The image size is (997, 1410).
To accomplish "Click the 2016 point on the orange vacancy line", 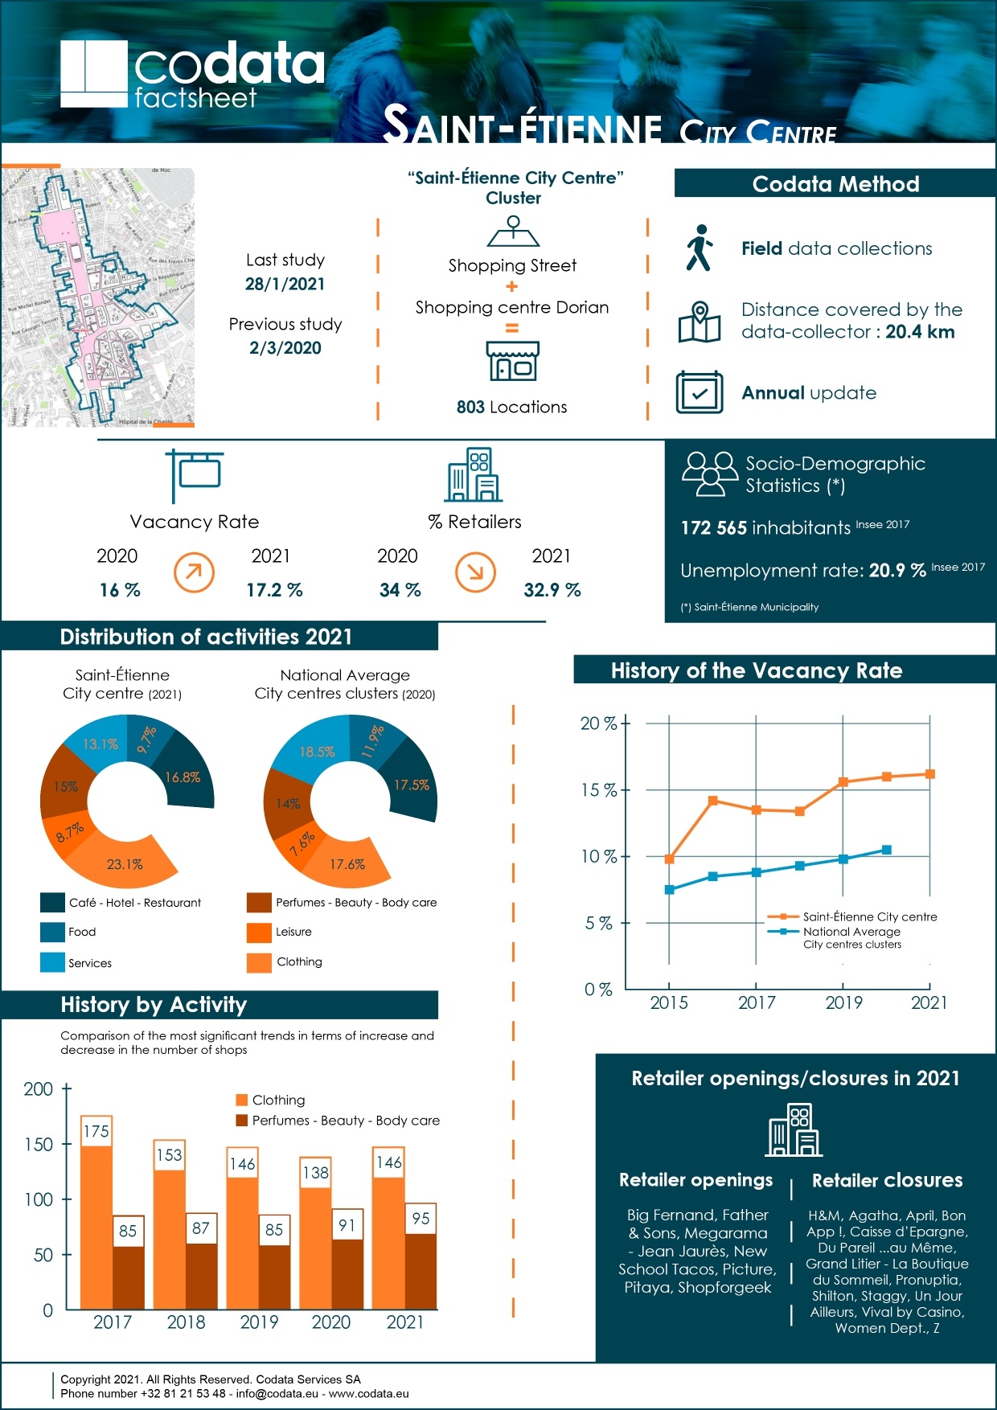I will click(x=712, y=801).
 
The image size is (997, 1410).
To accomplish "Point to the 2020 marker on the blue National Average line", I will click(x=886, y=850).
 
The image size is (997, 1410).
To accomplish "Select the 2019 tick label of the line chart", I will click(x=843, y=1002).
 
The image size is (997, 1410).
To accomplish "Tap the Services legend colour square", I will click(x=52, y=962).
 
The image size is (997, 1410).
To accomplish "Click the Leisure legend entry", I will click(x=293, y=932).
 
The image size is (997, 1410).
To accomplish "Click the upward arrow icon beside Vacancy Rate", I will click(x=194, y=572).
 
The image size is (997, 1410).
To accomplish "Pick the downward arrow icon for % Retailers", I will click(x=475, y=572).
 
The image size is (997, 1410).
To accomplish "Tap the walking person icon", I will click(x=699, y=248).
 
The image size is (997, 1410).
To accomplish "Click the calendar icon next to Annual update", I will click(x=699, y=392).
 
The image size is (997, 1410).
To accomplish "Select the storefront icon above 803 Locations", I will click(x=512, y=361).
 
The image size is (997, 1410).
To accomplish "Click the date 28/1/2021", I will click(x=285, y=284).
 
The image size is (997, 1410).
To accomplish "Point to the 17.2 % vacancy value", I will click(x=274, y=590).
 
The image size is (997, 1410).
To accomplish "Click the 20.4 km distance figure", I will click(x=920, y=332).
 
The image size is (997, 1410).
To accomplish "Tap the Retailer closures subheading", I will click(x=887, y=1180).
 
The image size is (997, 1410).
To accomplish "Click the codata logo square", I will click(x=94, y=74).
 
